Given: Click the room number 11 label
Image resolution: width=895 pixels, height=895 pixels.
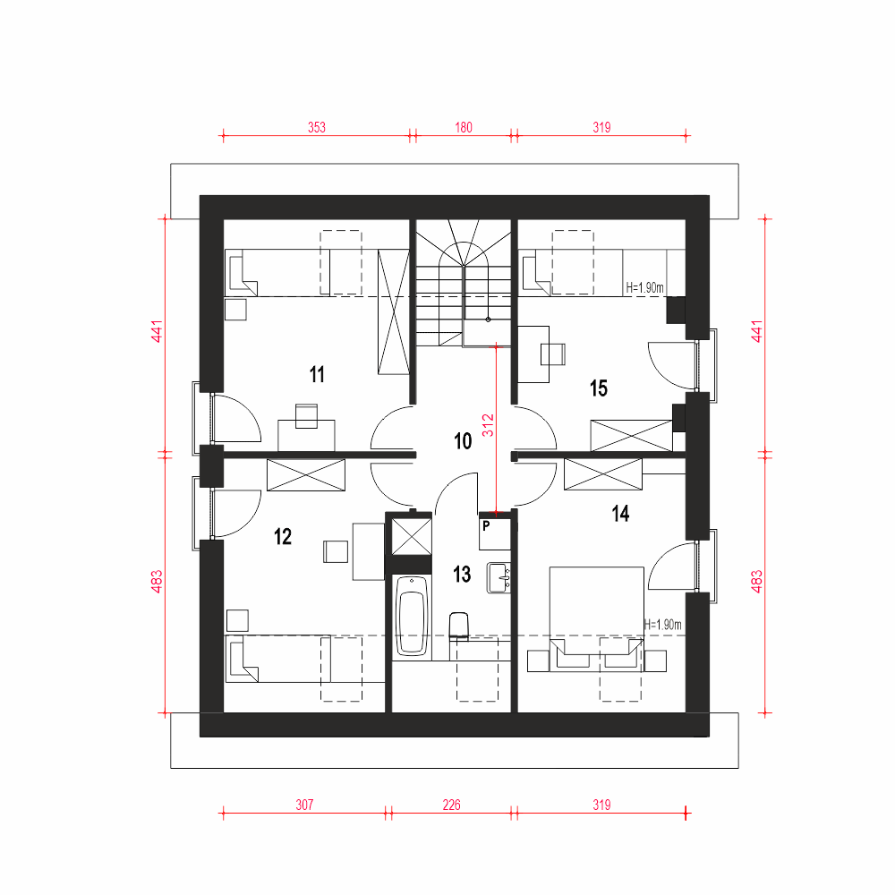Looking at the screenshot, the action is coord(317,374).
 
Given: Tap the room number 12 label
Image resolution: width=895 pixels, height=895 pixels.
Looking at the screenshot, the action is coord(283,536).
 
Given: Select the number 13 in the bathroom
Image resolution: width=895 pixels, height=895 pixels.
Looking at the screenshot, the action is coord(462,574).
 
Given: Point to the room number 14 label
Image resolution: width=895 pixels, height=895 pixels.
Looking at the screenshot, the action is coord(620,514).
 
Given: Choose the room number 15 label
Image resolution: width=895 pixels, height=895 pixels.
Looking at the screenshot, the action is coord(598,388).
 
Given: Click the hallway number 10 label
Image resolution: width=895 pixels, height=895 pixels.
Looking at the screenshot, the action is coord(463,441).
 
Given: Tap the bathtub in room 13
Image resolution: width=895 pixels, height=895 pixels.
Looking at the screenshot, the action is coord(411,616).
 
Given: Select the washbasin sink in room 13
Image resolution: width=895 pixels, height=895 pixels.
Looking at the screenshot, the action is coord(499,577).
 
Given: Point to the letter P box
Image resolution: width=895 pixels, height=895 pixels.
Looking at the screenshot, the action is coord(494,533).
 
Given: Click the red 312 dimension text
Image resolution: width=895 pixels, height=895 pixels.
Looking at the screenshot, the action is coord(488,425).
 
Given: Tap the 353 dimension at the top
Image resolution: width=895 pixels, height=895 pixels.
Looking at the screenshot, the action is coord(317,127).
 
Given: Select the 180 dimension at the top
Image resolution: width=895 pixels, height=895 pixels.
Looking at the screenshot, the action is coord(464,127).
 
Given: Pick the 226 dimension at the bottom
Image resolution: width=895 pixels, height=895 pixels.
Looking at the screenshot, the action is coord(451,805).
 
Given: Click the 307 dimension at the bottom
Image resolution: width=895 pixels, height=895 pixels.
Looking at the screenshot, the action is coord(305,805).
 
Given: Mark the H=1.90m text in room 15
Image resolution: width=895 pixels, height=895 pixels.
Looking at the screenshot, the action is coord(645,287).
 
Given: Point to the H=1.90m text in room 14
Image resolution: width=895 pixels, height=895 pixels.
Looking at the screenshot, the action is coord(662,625).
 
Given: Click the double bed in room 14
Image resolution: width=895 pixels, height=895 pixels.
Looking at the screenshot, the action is coord(596,619).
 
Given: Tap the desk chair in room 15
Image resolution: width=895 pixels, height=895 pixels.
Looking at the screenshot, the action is coord(553,354).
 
